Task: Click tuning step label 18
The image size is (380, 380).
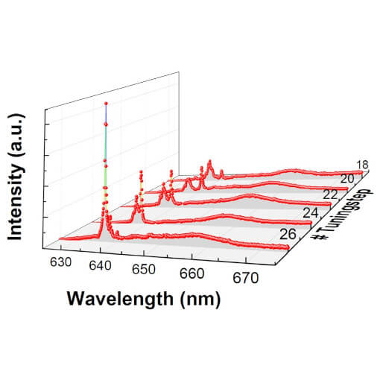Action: [x=363, y=165]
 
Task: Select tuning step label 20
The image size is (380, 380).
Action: [x=347, y=180]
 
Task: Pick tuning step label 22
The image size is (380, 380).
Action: [x=331, y=195]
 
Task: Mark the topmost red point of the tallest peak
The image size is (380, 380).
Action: [x=106, y=104]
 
